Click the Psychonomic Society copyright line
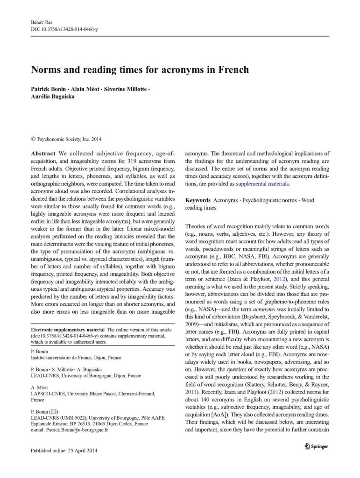[x=65, y=139]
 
